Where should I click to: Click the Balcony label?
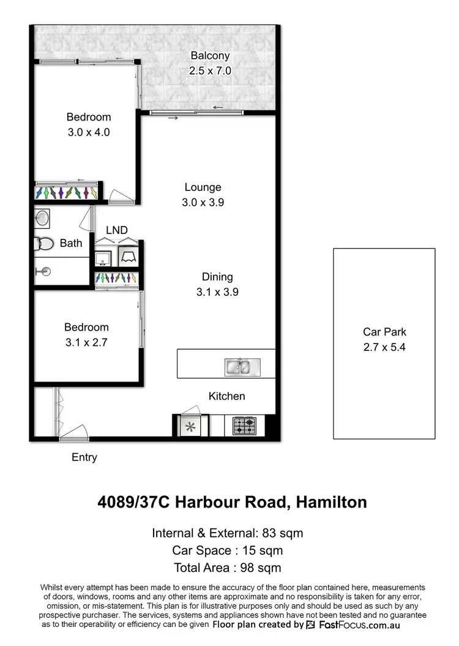point(210,56)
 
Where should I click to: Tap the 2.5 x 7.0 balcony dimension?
point(210,71)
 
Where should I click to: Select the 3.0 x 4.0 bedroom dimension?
point(89,132)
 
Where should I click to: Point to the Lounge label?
point(203,187)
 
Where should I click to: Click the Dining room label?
point(217,277)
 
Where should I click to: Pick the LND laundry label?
point(117,230)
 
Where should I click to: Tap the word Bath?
point(71,243)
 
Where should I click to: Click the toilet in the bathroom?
point(45,244)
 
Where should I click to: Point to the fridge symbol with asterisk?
point(190,426)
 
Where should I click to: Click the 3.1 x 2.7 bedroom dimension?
point(87,343)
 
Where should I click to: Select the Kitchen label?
point(226,396)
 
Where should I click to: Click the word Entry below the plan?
point(84,457)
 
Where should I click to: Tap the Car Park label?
point(384,332)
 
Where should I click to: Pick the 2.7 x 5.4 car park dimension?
point(384,347)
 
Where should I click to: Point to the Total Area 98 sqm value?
point(227,568)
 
